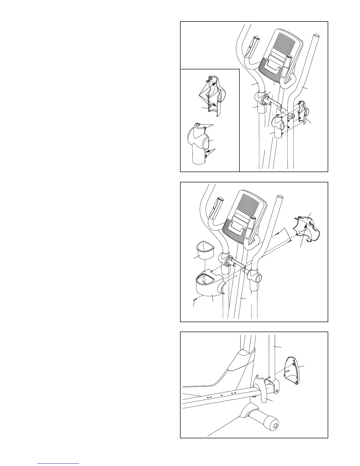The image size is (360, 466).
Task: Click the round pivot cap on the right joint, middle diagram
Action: (x=258, y=277)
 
